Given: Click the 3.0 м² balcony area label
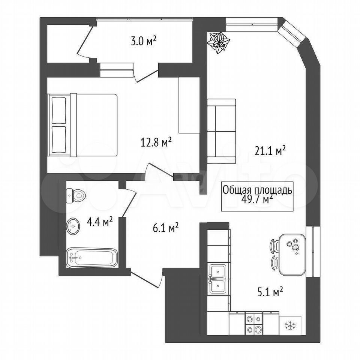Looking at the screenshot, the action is point(143,42).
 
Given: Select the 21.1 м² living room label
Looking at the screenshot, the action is point(270,151).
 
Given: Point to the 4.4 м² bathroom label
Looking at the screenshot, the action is point(99,222).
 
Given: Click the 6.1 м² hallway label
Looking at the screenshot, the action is point(166,228).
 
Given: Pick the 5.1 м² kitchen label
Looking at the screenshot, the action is point(270,292).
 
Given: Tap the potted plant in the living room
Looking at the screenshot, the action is point(218,42).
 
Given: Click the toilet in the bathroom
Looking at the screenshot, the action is point(76,196).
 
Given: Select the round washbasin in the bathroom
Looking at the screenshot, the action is point(73,226).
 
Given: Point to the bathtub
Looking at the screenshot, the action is point(92,257).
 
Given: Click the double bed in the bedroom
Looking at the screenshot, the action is point(82,125).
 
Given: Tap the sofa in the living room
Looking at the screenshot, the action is point(222,131).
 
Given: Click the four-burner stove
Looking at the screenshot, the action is point(254,323).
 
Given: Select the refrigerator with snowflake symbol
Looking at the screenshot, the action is point(290,325).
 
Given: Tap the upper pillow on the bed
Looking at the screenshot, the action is point(59,111).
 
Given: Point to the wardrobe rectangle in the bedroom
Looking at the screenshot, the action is point(189,105).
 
